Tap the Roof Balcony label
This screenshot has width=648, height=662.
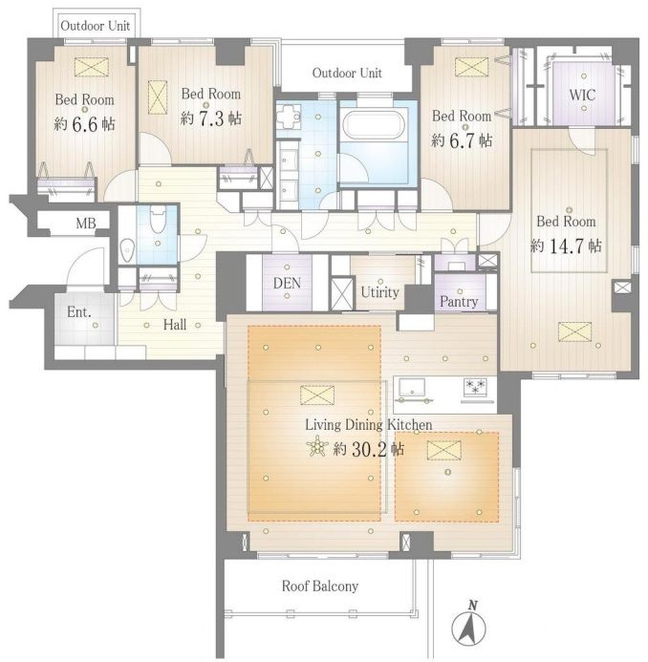[x=320, y=586]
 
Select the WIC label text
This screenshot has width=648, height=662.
[x=582, y=95]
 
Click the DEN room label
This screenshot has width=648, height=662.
[x=287, y=283]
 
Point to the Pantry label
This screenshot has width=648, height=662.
[x=459, y=302]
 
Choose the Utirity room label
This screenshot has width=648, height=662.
[x=379, y=291]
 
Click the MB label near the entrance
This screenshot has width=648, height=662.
[x=86, y=223]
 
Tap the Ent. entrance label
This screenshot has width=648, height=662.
[x=79, y=312]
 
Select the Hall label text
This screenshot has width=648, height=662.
[x=175, y=324]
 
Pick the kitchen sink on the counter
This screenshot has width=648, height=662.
[x=412, y=387]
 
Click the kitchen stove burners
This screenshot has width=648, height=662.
[x=475, y=386]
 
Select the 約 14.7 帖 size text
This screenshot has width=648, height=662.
[x=566, y=246]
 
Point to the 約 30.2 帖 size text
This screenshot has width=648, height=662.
[x=368, y=449]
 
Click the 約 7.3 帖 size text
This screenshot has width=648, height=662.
[x=211, y=117]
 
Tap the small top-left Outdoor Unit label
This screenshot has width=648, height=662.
[x=95, y=26]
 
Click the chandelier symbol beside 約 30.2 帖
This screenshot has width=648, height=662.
[x=317, y=447]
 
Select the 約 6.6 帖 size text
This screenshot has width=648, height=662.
[x=84, y=123]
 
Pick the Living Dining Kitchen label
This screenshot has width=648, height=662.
[x=368, y=425]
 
